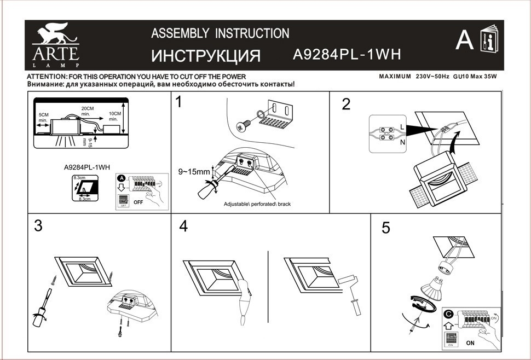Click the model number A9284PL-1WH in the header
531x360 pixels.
click(348, 54)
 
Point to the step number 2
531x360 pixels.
click(345, 104)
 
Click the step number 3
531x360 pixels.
click(38, 225)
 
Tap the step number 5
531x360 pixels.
click(386, 228)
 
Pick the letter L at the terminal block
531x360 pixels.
click(403, 126)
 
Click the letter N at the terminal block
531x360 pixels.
click(403, 142)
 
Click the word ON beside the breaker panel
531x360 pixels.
click(470, 343)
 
